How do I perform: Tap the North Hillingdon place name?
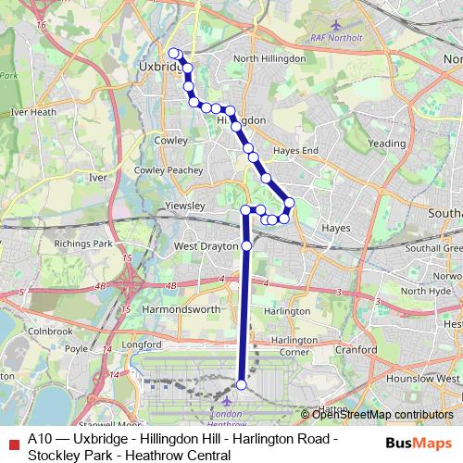(269, 58)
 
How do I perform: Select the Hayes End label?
(295, 150)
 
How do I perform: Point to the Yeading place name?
(386, 144)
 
